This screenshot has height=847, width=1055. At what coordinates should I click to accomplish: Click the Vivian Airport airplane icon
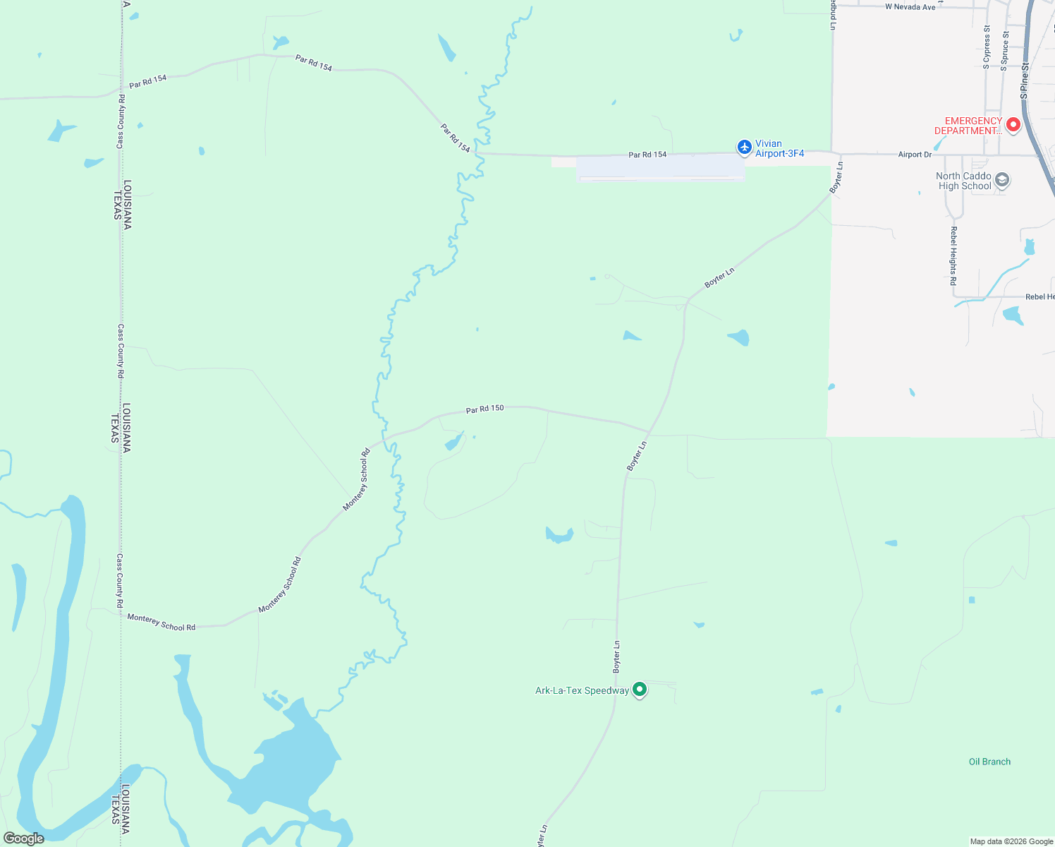tap(744, 147)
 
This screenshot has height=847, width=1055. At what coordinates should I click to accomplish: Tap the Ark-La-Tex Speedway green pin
tap(640, 689)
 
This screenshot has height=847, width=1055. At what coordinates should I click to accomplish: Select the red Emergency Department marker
tap(1013, 125)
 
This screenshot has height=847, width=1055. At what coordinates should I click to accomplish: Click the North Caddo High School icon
tap(1002, 180)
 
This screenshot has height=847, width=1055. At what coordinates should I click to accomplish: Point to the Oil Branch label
tap(989, 762)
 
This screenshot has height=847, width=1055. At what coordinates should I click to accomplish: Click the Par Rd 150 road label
tap(484, 409)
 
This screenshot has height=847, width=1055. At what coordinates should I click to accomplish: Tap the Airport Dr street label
tap(915, 155)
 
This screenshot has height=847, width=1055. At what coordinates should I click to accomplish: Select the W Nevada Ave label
tap(910, 7)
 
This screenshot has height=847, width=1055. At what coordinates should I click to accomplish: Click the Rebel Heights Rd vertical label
tap(953, 256)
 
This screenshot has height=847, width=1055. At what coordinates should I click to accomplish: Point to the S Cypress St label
tap(987, 47)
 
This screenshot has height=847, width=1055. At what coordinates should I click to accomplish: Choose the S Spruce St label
tap(1004, 51)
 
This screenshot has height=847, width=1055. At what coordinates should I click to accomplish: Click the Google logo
tap(24, 839)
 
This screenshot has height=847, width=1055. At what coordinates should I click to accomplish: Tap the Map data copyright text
tap(1011, 841)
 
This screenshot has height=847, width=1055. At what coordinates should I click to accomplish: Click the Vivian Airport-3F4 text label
tap(779, 148)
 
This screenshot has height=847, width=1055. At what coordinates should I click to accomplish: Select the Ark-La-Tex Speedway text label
tap(582, 690)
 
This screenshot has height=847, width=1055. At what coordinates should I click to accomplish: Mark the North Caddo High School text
tap(964, 181)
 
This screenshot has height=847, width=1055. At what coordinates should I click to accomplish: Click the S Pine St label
tap(1025, 80)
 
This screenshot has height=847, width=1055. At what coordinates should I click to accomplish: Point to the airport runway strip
tap(661, 168)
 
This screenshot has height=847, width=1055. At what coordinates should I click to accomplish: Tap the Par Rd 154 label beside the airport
tap(647, 155)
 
